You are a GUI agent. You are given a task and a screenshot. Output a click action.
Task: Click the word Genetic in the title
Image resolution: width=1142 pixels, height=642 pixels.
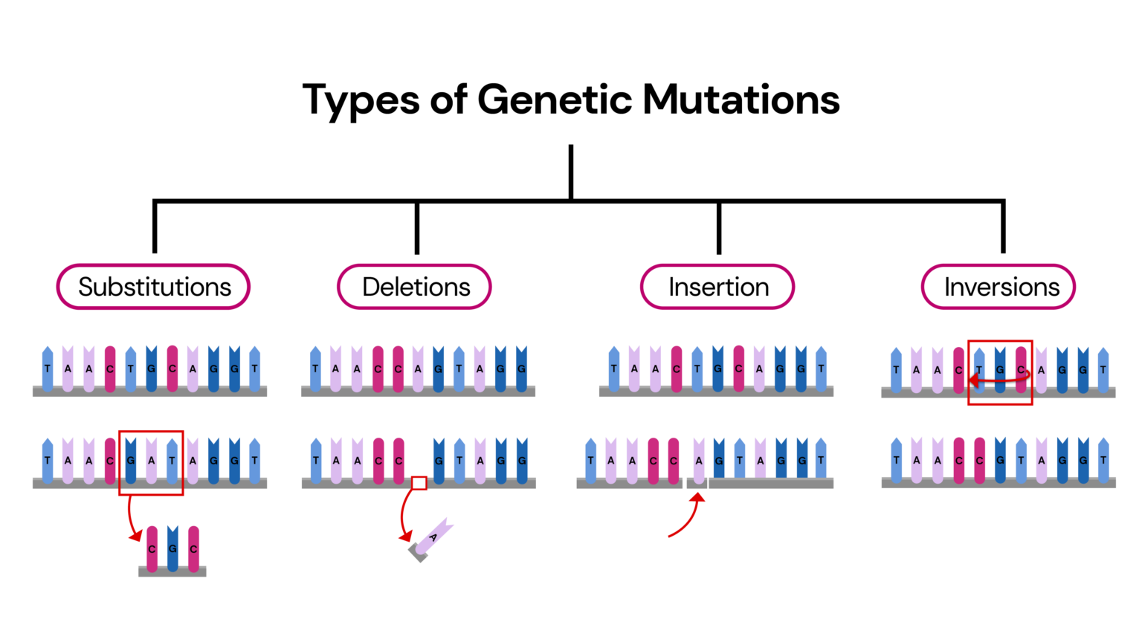pos(554,100)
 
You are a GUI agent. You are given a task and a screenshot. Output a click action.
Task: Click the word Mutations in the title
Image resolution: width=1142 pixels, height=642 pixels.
pos(741,100)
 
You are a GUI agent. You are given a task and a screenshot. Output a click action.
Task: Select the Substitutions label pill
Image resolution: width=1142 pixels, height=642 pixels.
pos(154,287)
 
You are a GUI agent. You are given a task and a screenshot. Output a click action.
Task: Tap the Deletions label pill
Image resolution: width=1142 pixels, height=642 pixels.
pos(415,287)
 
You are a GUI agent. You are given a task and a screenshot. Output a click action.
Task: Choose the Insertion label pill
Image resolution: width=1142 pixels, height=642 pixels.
pos(717,287)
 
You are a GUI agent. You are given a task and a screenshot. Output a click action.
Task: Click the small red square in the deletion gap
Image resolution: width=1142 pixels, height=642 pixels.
pos(419,483)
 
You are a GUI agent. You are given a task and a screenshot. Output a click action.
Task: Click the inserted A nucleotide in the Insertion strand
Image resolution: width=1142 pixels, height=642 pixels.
pos(699,461)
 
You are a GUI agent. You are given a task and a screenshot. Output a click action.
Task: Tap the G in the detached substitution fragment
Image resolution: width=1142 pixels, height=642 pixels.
pos(172,549)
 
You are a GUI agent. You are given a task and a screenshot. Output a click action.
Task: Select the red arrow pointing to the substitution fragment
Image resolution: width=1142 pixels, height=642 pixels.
pos(131,519)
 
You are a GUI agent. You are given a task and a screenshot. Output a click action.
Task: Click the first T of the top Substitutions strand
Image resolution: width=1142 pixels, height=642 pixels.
pos(48,369)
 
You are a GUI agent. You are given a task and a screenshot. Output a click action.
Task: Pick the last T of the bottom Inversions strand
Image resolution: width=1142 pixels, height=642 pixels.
pos(1103,461)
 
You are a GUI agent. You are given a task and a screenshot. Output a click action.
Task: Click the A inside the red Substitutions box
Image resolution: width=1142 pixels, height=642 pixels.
pos(152,461)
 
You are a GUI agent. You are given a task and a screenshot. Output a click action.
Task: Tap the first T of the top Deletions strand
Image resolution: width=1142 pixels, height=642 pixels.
pos(315,369)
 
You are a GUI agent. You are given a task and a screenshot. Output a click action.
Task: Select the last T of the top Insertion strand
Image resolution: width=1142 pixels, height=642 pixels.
pos(821,369)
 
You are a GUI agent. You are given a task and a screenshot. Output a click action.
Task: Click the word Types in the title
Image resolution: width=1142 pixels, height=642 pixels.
pos(361,100)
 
